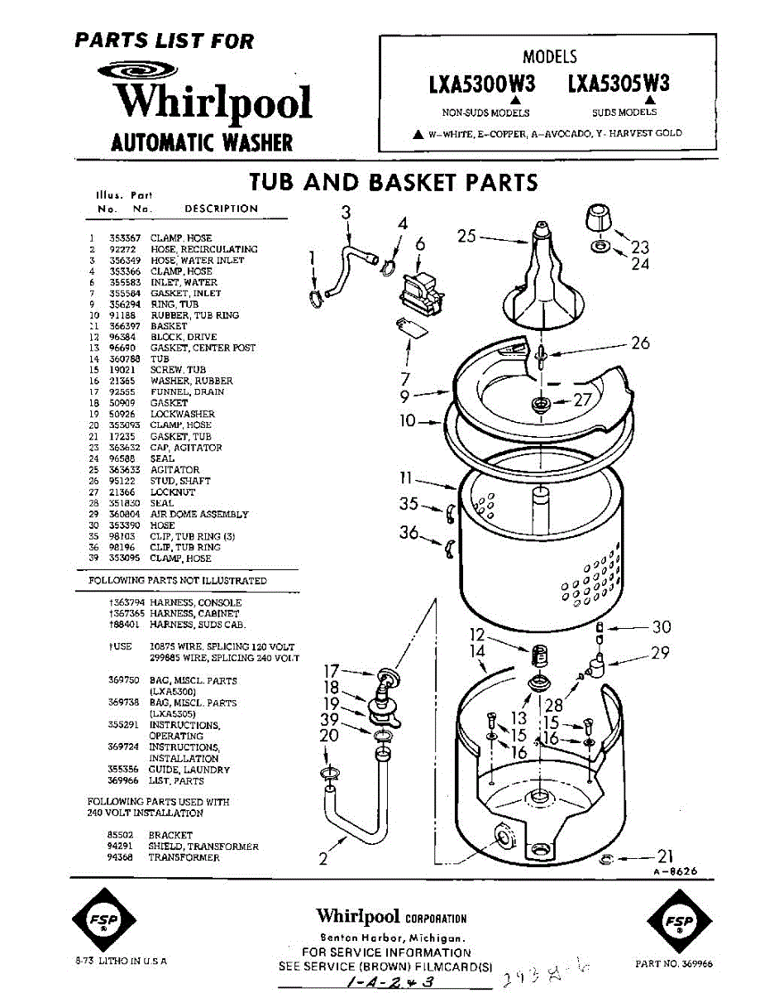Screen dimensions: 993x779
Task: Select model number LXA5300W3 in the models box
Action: click(481, 84)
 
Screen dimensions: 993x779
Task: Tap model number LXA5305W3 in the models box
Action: click(619, 84)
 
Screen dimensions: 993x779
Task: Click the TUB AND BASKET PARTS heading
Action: click(394, 182)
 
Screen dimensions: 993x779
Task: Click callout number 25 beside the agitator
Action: click(466, 237)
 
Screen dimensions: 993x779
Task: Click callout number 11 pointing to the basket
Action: click(406, 477)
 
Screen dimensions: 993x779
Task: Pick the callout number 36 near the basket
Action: click(409, 533)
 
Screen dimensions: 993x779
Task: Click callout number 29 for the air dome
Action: click(659, 653)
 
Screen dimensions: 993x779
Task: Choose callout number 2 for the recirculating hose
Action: click(323, 859)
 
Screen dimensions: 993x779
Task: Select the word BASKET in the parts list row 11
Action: click(169, 326)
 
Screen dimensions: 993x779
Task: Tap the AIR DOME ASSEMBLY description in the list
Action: click(198, 514)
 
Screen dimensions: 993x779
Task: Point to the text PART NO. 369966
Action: click(674, 963)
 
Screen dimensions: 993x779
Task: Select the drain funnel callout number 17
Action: click(331, 670)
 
